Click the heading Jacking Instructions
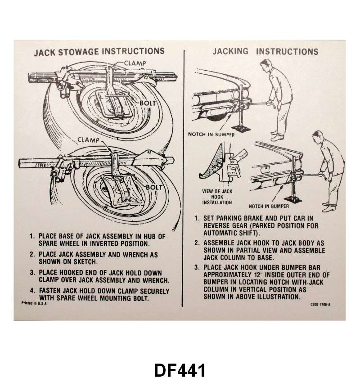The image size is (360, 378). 265,51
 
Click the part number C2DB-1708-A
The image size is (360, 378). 320,305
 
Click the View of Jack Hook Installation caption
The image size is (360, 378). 217,197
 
